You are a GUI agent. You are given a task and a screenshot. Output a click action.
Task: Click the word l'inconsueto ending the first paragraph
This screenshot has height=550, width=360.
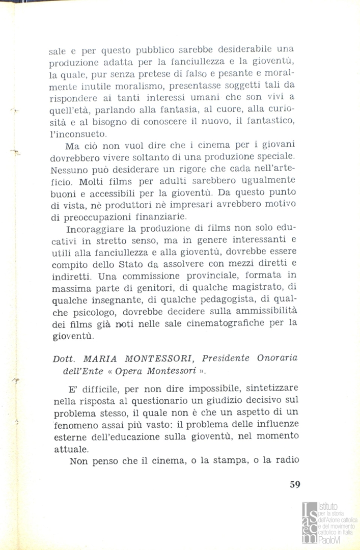(x=78, y=135)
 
